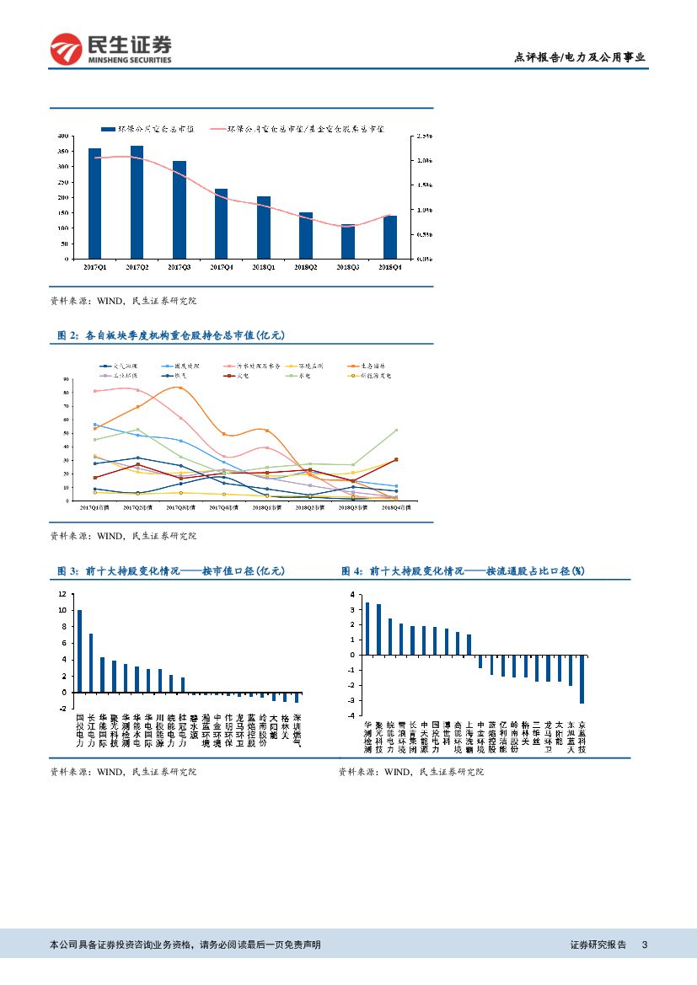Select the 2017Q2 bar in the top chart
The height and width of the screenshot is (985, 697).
click(x=137, y=202)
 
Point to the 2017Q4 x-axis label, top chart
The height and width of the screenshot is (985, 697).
click(x=221, y=267)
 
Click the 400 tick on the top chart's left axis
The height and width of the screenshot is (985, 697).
click(x=62, y=137)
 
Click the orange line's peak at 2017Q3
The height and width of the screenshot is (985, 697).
click(x=179, y=388)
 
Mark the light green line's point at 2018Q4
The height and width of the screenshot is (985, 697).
click(x=396, y=430)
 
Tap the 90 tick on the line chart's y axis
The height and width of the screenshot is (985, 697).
click(x=66, y=380)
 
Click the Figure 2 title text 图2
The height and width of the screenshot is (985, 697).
click(x=66, y=335)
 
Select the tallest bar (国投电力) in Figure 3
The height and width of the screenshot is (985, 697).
click(x=80, y=650)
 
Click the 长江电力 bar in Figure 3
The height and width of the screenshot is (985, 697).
click(x=91, y=662)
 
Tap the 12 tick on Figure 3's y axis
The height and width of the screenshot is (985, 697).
click(x=62, y=594)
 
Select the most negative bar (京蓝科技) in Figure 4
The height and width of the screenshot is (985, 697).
click(x=582, y=679)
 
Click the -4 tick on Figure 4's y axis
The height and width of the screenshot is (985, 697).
click(x=353, y=715)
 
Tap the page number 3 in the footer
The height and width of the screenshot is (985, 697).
click(x=644, y=945)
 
